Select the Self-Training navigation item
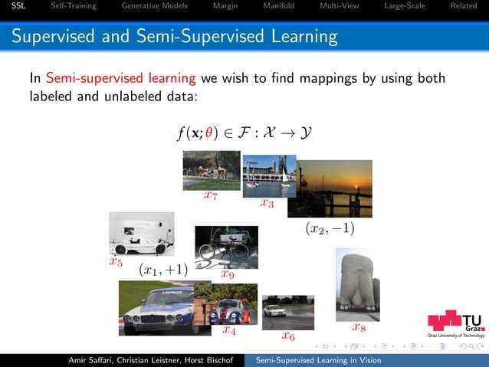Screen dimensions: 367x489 pyautogui.click(x=73, y=7)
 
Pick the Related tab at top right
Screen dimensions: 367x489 pyautogui.click(x=463, y=7)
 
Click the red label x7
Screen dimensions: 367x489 pyautogui.click(x=211, y=196)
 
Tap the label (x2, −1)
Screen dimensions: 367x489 pyautogui.click(x=330, y=228)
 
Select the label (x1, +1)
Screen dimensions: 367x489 pyautogui.click(x=163, y=269)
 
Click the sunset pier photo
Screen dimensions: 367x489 pyautogui.click(x=334, y=188)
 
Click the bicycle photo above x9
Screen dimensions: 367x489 pyautogui.click(x=222, y=246)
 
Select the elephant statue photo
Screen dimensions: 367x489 pyautogui.click(x=357, y=284)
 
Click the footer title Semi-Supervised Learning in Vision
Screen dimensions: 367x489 pyautogui.click(x=318, y=360)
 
